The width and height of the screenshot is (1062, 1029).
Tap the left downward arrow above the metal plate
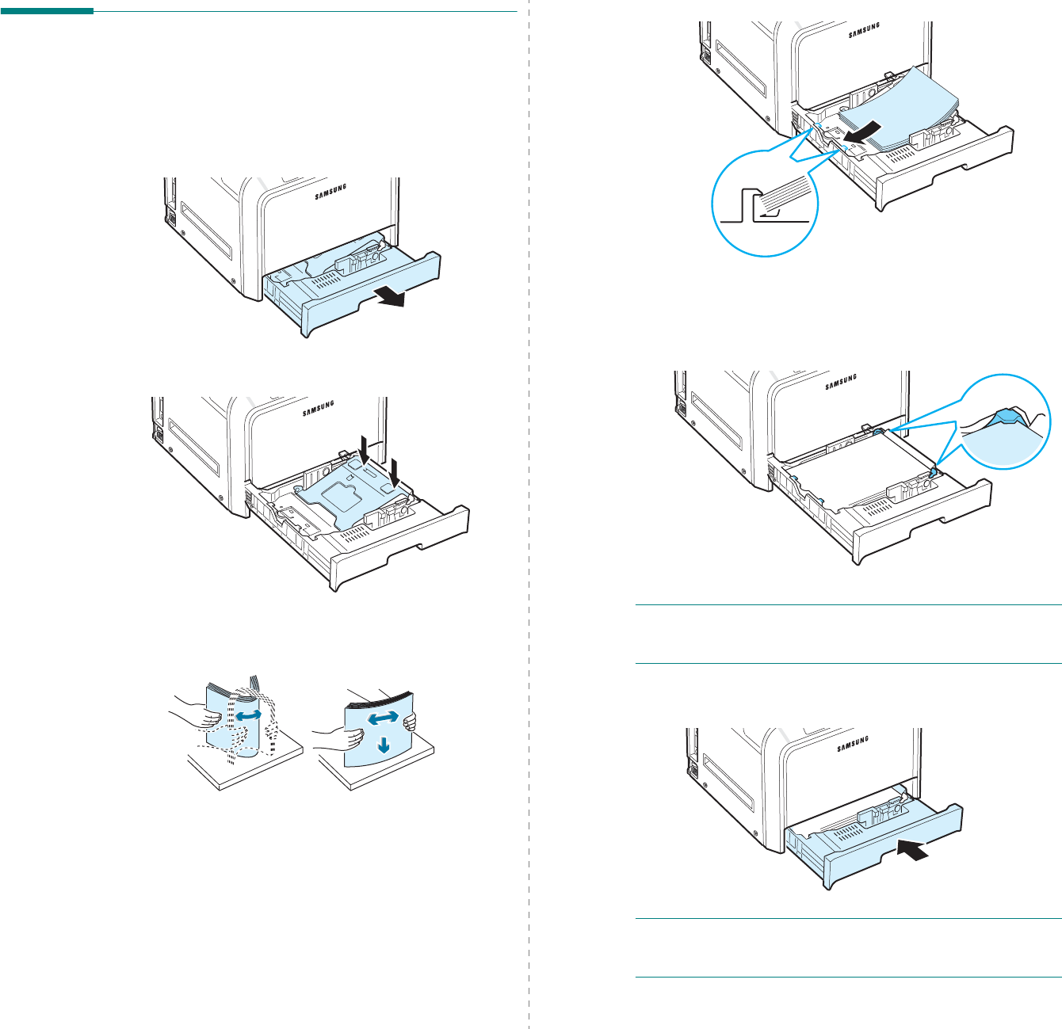pos(362,448)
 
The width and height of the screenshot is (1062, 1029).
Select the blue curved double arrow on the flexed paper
pos(249,715)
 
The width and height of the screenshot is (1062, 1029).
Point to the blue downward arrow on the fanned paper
pos(384,745)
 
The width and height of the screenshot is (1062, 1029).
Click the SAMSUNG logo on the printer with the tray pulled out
pos(330,191)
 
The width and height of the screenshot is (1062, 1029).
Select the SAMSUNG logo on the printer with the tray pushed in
pos(852,743)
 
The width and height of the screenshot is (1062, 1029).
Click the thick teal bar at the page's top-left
pos(47,11)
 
